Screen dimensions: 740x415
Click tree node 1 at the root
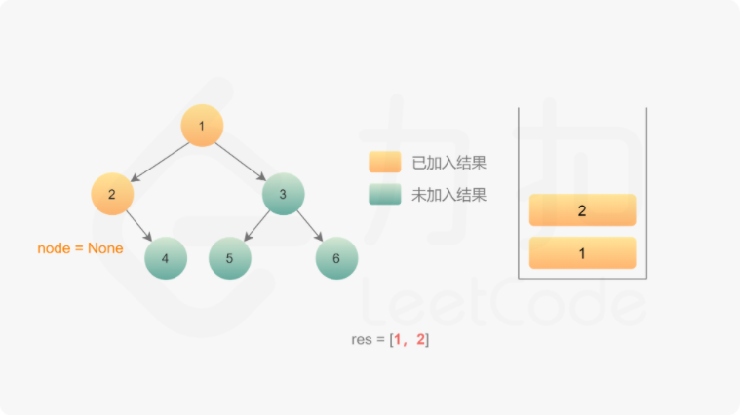tap(202, 126)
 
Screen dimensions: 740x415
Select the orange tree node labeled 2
tap(112, 194)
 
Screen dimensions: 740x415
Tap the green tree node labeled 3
tap(283, 194)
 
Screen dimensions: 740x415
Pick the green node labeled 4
tap(165, 258)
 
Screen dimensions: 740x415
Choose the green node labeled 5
tap(229, 258)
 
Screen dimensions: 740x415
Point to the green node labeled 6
tap(336, 258)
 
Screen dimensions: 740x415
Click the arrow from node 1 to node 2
tap(159, 160)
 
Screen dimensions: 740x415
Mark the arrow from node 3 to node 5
tap(255, 226)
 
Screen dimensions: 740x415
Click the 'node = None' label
tap(80, 248)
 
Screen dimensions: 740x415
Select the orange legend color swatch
tap(384, 162)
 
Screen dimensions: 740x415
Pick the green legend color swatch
tap(384, 195)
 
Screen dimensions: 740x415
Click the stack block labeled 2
tap(582, 210)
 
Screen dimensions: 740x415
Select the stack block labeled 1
tap(582, 253)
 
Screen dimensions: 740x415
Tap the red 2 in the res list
tap(420, 339)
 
